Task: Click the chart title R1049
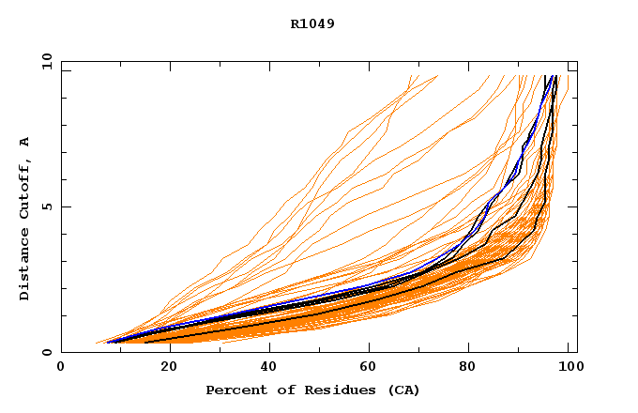tap(311, 23)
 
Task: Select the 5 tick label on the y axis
tap(47, 206)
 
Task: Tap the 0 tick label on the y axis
tap(47, 353)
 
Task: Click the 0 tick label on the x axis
tap(61, 367)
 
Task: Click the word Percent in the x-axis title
tap(232, 390)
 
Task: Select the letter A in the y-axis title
tap(24, 142)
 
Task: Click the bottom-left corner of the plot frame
tap(61, 353)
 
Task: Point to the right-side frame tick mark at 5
tap(573, 206)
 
